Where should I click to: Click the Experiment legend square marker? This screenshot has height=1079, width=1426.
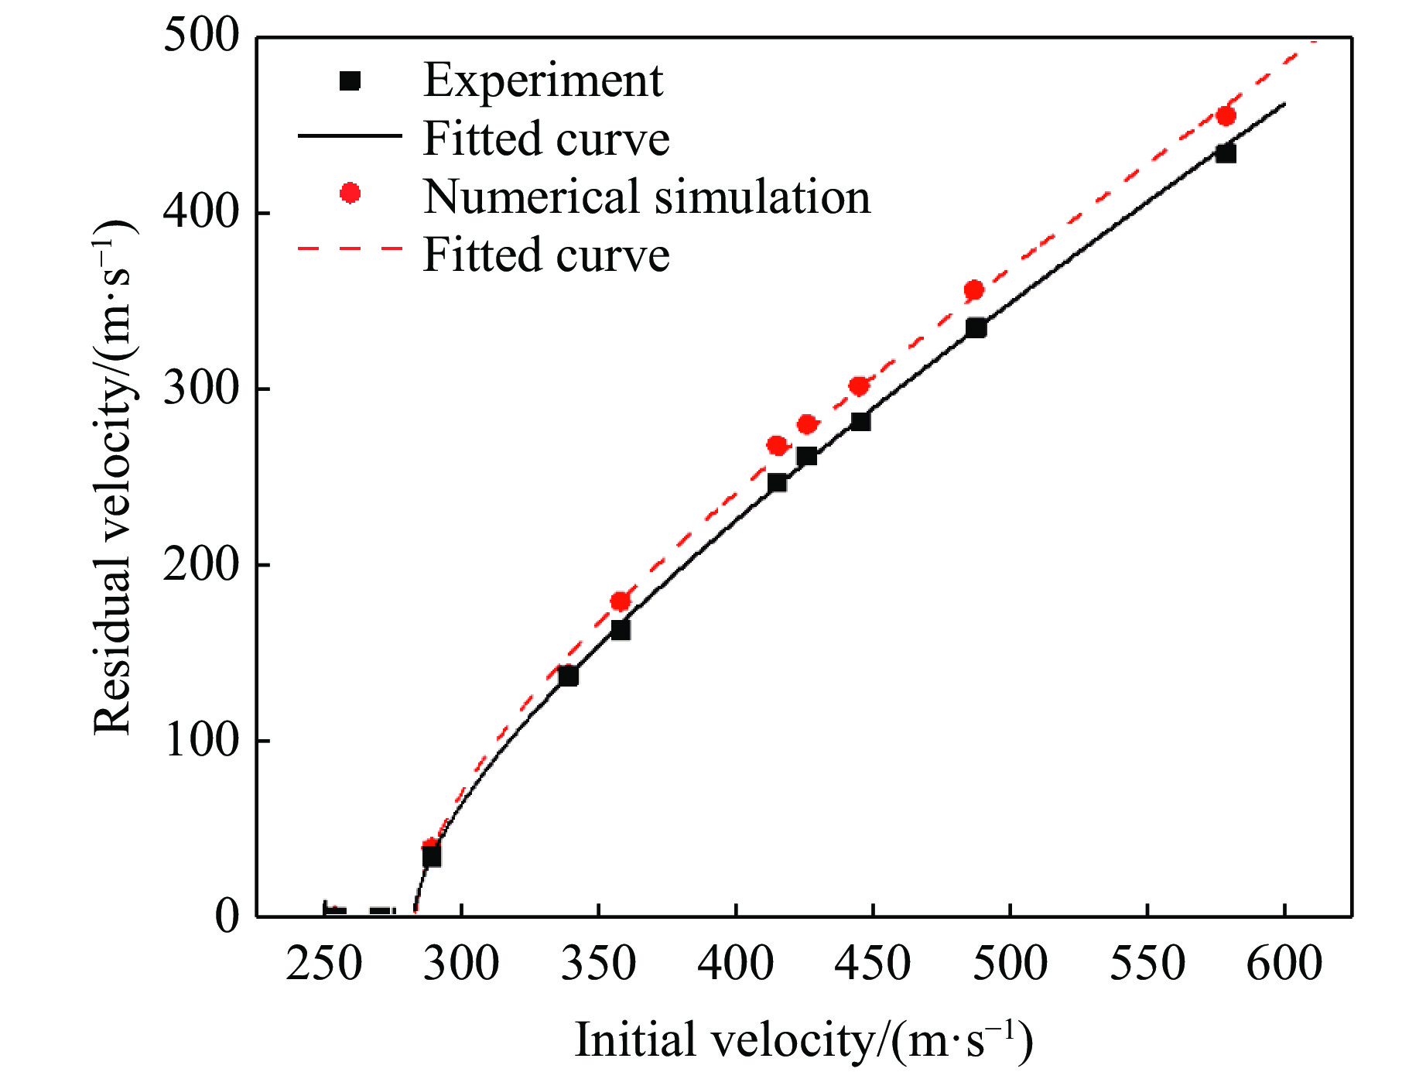pos(351,80)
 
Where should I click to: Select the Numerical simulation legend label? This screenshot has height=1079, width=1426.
pos(647,197)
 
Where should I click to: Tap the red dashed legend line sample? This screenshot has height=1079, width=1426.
pos(351,249)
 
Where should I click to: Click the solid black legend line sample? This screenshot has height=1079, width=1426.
pos(351,135)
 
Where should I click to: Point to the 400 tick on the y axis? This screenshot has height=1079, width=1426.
pos(202,212)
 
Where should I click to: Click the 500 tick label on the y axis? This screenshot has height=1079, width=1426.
pos(202,36)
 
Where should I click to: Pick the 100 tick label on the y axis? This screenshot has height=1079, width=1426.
pos(202,741)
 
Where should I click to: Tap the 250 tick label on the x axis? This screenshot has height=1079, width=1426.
pos(324,964)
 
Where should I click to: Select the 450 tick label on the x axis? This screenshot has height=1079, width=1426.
pos(873,964)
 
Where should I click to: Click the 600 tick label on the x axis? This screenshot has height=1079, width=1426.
pos(1284,964)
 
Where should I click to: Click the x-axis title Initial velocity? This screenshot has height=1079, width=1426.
pos(804,1040)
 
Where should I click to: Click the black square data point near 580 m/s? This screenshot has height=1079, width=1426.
pos(1226,153)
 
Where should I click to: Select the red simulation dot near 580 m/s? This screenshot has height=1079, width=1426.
pos(1226,117)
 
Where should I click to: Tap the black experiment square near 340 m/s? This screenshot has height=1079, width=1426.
pos(568,676)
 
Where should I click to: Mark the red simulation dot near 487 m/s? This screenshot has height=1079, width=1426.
pos(974,290)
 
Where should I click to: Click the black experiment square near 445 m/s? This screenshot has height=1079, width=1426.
pos(860,421)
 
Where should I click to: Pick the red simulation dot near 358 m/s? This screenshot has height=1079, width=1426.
pos(620,601)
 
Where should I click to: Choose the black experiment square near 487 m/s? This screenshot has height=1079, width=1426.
pos(976,328)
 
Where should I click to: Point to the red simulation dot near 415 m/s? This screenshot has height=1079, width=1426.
pos(777,445)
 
